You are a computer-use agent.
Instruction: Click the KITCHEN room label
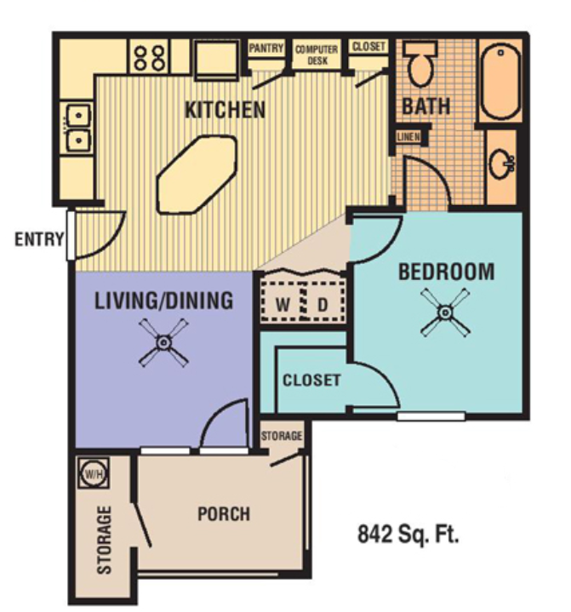point(226,110)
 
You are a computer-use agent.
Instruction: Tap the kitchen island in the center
point(197,174)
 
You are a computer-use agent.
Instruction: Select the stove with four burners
point(149,58)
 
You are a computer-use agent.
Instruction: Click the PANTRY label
point(266,49)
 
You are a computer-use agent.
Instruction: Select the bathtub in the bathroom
point(500,80)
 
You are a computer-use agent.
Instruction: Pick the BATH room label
point(426,107)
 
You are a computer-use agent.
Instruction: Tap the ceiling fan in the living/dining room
point(163,343)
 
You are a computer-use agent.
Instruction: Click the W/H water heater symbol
point(90,471)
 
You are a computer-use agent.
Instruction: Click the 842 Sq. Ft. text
point(408,535)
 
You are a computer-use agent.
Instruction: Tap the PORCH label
point(224,514)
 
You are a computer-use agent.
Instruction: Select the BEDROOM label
point(446,272)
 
